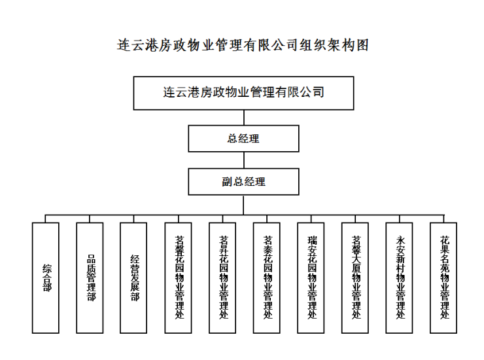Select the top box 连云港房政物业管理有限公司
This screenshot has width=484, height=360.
click(x=243, y=93)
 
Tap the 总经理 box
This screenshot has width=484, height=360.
click(x=243, y=139)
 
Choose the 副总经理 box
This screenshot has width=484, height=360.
click(x=243, y=182)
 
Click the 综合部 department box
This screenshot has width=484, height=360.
click(x=46, y=278)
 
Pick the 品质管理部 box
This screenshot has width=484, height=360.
click(x=90, y=278)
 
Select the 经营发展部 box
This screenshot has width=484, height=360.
click(x=134, y=278)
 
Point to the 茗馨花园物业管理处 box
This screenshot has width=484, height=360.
click(x=179, y=278)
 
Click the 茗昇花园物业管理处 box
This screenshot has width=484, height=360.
click(x=223, y=278)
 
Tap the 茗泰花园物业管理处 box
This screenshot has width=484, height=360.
click(x=267, y=278)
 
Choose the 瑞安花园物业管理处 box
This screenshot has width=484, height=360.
click(x=311, y=278)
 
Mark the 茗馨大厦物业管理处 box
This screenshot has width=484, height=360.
click(x=356, y=278)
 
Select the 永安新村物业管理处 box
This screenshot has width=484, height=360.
click(x=400, y=278)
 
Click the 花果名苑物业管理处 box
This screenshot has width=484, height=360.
click(x=444, y=278)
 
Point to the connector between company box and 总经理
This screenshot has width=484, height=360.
click(x=243, y=117)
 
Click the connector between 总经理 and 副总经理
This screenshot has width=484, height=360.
click(x=243, y=160)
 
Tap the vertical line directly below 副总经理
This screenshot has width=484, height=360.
click(x=243, y=204)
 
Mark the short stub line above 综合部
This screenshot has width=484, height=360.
click(x=46, y=219)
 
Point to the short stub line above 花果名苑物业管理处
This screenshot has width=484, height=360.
click(x=444, y=219)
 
